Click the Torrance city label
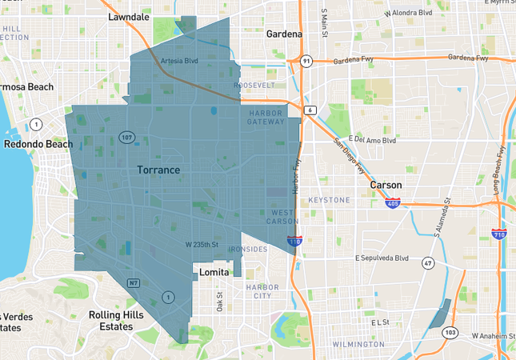pyautogui.click(x=158, y=170)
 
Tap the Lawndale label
pyautogui.click(x=129, y=16)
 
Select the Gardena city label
pyautogui.click(x=284, y=34)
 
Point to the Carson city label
pyautogui.click(x=386, y=185)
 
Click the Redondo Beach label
pyautogui.click(x=38, y=144)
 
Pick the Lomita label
pyautogui.click(x=214, y=272)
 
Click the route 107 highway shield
pyautogui.click(x=126, y=138)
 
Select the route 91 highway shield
pyautogui.click(x=306, y=61)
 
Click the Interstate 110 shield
pyautogui.click(x=294, y=239)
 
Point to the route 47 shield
pyautogui.click(x=428, y=262)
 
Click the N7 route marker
pyautogui.click(x=134, y=282)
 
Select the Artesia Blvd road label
pyautogui.click(x=179, y=61)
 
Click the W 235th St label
pyautogui.click(x=202, y=244)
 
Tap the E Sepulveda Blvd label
pyautogui.click(x=382, y=258)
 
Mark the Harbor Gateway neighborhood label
pyautogui.click(x=266, y=118)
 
